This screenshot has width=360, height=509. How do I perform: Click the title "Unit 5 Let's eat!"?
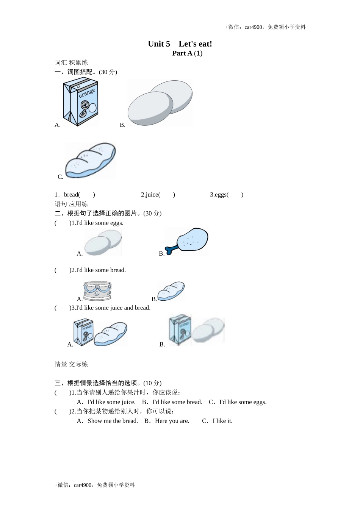[180, 44]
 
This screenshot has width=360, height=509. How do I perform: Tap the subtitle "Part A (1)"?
[187, 53]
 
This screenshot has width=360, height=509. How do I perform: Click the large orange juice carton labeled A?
[81, 102]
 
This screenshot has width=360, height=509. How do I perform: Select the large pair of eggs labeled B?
[160, 103]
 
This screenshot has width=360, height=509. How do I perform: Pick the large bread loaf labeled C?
[90, 160]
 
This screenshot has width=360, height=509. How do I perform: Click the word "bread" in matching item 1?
[72, 195]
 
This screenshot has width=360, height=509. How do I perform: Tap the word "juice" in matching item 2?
[152, 195]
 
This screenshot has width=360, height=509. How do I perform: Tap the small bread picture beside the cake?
[171, 291]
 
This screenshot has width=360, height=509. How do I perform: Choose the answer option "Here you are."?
[172, 421]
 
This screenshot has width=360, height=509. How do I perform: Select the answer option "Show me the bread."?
[113, 421]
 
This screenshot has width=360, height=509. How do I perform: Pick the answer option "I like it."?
[222, 421]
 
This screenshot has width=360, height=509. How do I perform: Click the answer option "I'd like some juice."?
[111, 402]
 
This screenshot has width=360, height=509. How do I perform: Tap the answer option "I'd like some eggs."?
[243, 402]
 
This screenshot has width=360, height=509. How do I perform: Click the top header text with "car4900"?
[265, 27]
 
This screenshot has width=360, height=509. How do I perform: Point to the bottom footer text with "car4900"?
[95, 485]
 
